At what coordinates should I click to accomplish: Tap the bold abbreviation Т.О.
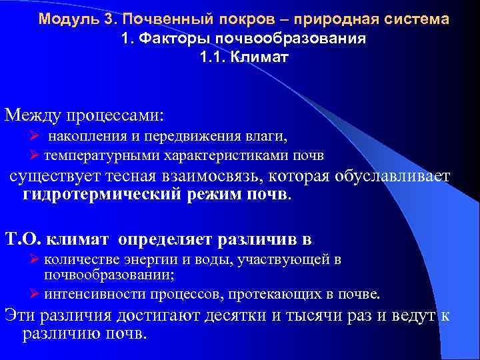pos(24,239)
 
